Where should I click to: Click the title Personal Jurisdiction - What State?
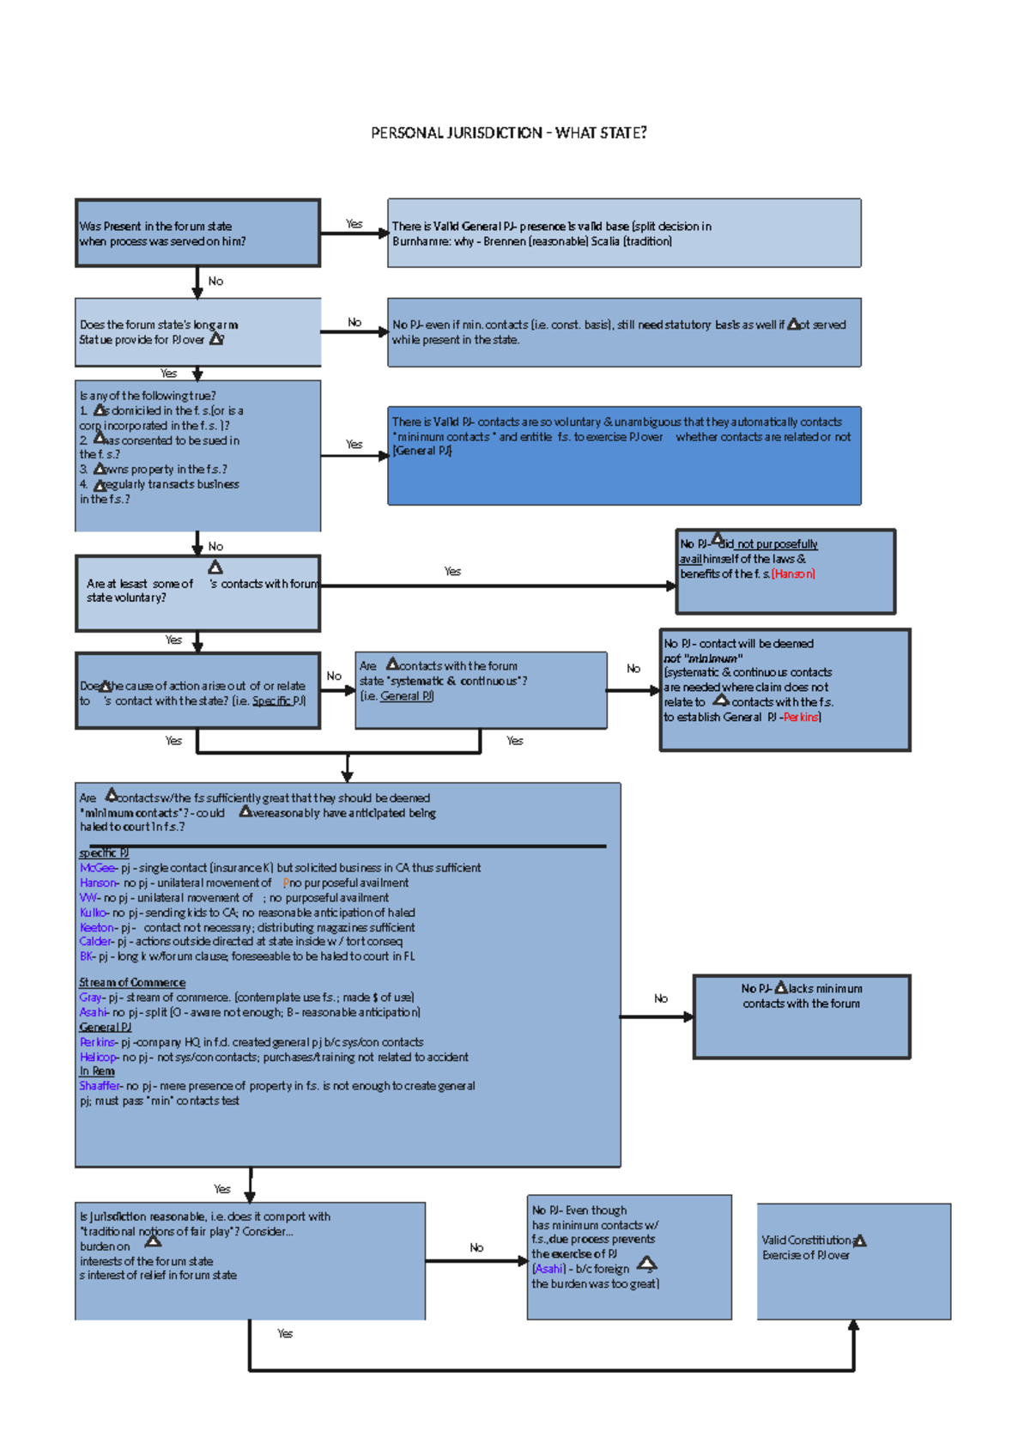508,133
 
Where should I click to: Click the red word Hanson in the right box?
793,573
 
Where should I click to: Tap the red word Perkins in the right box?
801,717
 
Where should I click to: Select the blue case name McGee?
97,868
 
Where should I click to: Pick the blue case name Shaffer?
100,1086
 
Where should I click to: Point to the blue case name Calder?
96,942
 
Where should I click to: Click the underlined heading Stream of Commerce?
132,982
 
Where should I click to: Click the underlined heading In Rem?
97,1071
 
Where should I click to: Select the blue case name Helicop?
99,1057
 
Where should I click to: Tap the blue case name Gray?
91,998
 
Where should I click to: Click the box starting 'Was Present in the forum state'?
197,233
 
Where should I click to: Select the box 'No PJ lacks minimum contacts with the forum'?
801,1016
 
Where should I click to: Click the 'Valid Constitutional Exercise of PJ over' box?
853,1260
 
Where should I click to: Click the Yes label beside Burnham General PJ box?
354,223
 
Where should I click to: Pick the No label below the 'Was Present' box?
215,282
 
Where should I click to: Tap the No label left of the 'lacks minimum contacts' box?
660,998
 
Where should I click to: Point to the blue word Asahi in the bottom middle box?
549,1269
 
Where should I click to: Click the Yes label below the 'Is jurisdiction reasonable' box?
285,1333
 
